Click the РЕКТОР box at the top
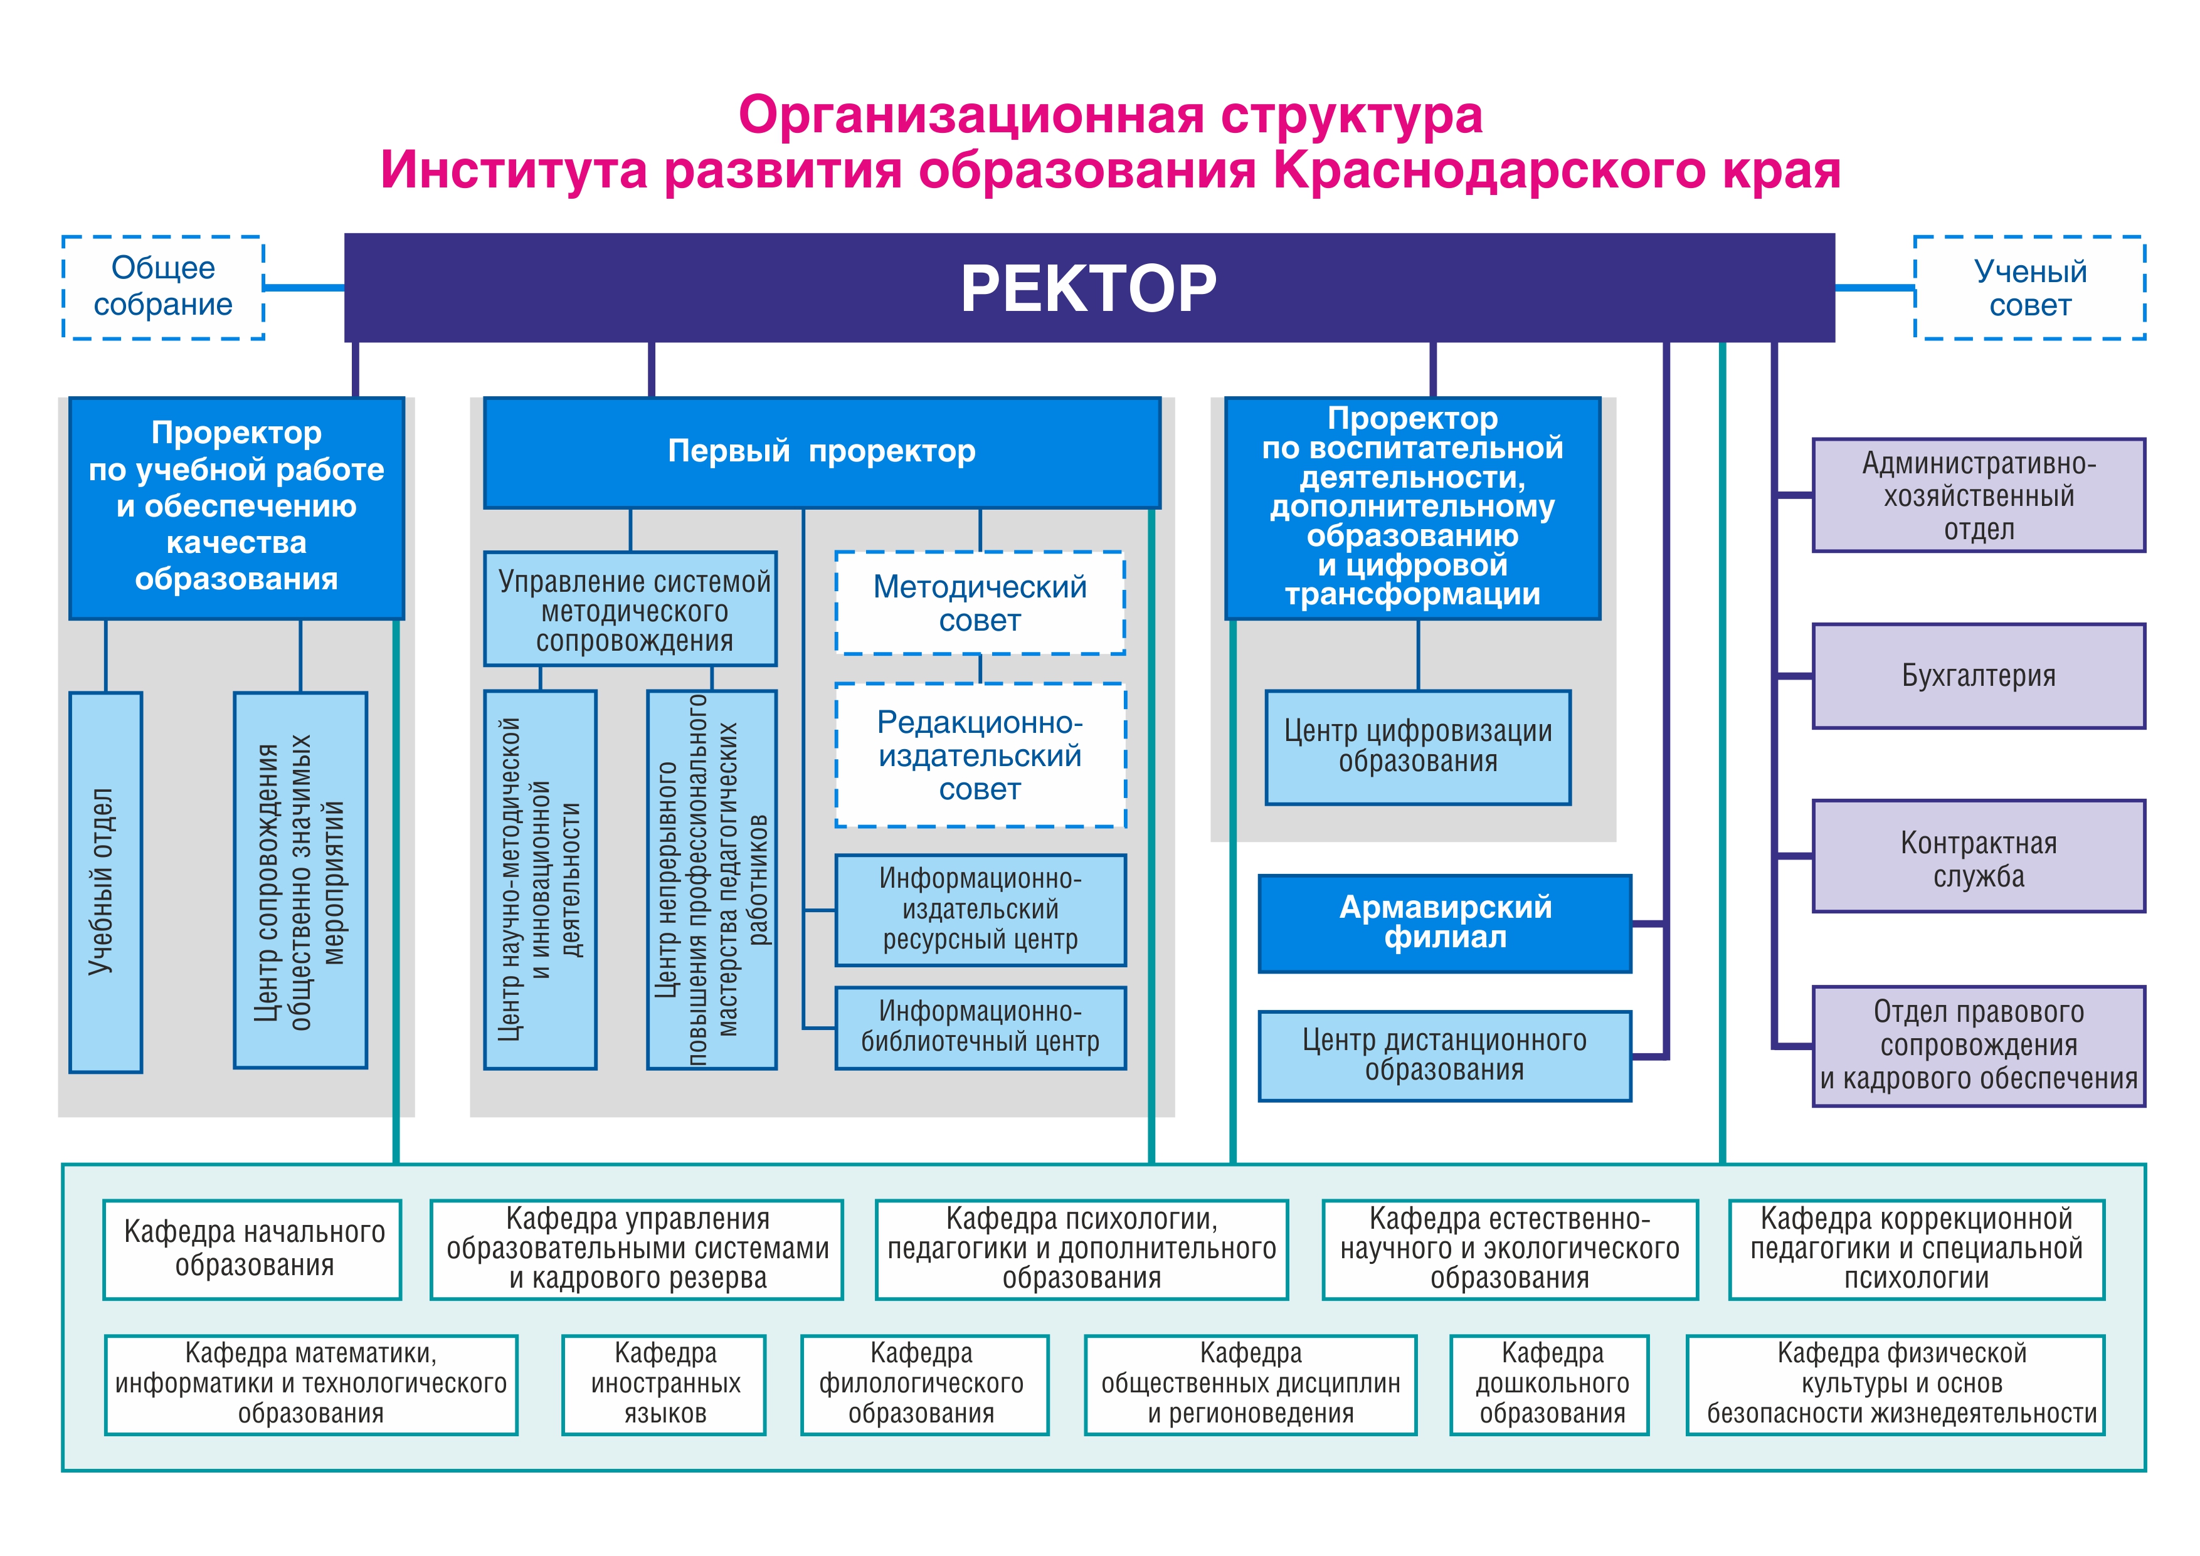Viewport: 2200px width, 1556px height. [x=1089, y=287]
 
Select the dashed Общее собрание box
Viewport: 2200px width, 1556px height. [x=163, y=286]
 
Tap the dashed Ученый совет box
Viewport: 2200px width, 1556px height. [x=2029, y=287]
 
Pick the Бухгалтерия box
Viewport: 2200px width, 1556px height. [x=1978, y=675]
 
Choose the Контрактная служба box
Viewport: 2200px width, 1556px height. [x=1978, y=856]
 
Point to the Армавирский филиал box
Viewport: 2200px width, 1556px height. [x=1444, y=923]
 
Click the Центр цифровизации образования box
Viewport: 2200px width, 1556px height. [x=1417, y=747]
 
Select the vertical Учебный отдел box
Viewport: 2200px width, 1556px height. [x=105, y=881]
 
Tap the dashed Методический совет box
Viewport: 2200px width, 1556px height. [x=979, y=602]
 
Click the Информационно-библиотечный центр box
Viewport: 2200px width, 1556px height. [x=979, y=1027]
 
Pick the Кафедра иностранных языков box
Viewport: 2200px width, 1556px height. [x=664, y=1384]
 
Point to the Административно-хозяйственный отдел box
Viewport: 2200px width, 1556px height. [x=1978, y=495]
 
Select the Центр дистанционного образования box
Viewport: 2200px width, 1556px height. [x=1444, y=1055]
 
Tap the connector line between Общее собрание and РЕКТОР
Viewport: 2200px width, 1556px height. [x=304, y=286]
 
